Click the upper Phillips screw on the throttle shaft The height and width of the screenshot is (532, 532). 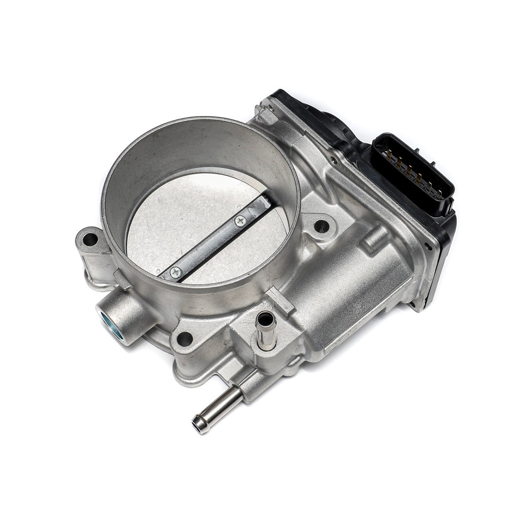click(240, 222)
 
